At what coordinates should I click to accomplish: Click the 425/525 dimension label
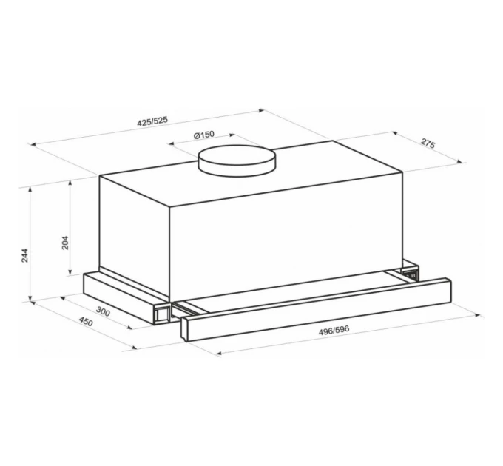pyautogui.click(x=152, y=121)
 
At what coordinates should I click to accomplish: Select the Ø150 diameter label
pyautogui.click(x=204, y=135)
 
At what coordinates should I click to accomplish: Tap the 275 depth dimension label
pyautogui.click(x=428, y=143)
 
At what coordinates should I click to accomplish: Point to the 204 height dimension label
pyautogui.click(x=65, y=243)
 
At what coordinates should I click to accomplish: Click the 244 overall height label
pyautogui.click(x=25, y=256)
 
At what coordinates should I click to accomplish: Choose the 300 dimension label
pyautogui.click(x=103, y=311)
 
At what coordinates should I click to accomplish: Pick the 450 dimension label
pyautogui.click(x=86, y=321)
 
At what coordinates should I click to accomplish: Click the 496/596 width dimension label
pyautogui.click(x=334, y=330)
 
